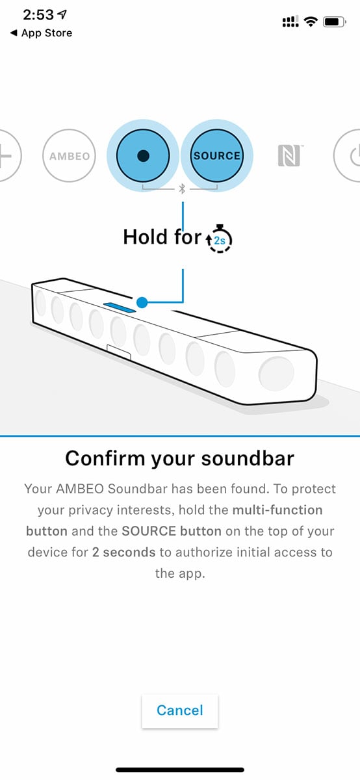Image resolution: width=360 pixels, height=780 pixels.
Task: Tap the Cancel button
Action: pyautogui.click(x=179, y=710)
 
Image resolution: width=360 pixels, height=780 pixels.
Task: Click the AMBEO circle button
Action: pyautogui.click(x=70, y=155)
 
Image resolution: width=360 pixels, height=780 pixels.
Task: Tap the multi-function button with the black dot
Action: pyautogui.click(x=143, y=155)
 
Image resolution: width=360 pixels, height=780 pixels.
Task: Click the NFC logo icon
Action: pyautogui.click(x=290, y=155)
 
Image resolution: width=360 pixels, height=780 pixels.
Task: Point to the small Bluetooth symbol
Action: pyautogui.click(x=182, y=188)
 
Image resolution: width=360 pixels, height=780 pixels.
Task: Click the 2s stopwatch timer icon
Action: pyautogui.click(x=219, y=239)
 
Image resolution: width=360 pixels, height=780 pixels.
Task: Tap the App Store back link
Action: pyautogui.click(x=42, y=33)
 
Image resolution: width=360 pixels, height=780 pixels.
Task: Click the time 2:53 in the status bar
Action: pyautogui.click(x=38, y=14)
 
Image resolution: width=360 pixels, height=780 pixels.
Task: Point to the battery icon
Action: pyautogui.click(x=334, y=22)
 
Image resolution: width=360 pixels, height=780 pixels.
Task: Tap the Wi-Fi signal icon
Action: pyautogui.click(x=310, y=21)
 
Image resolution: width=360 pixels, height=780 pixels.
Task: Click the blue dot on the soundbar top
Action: pyautogui.click(x=142, y=303)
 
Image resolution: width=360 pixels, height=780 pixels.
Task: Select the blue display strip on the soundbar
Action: pyautogui.click(x=120, y=307)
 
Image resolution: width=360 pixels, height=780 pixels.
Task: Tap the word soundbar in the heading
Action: pyautogui.click(x=248, y=458)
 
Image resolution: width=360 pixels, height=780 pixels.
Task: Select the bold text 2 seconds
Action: pyautogui.click(x=123, y=552)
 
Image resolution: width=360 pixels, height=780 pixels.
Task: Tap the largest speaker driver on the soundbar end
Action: pyautogui.click(x=277, y=374)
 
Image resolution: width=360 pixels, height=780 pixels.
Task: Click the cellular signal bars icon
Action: pyautogui.click(x=290, y=21)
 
